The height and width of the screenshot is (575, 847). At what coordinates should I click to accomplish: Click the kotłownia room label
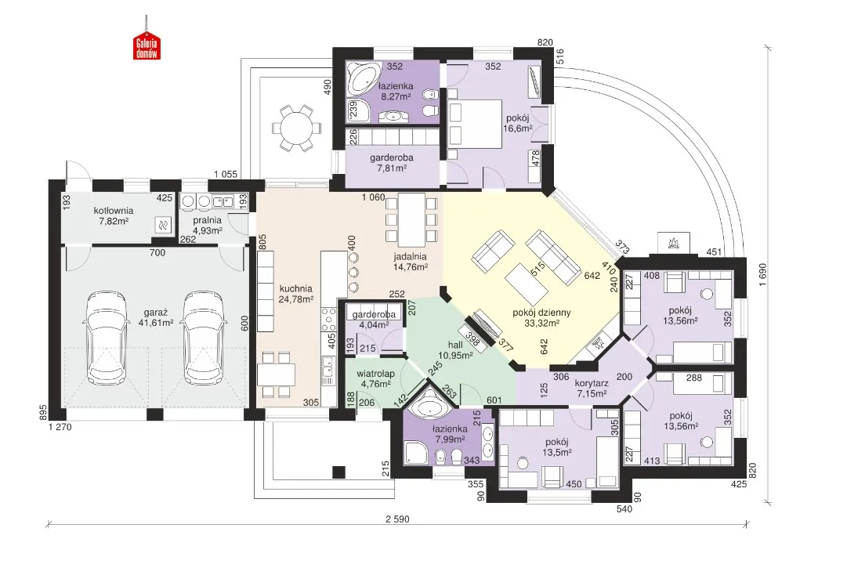[x=114, y=211]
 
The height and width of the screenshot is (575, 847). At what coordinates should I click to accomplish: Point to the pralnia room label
[x=208, y=220]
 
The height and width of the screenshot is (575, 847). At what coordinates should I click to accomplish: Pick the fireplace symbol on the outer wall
[x=674, y=243]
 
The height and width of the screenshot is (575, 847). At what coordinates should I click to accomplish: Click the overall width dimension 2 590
[x=397, y=519]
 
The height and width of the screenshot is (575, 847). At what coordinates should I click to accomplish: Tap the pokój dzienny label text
[x=541, y=313]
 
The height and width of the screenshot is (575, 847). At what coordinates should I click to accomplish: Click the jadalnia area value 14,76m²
[x=411, y=266]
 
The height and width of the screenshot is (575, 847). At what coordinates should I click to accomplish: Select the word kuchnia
[x=296, y=289]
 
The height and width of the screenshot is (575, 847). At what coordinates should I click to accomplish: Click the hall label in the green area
[x=455, y=345]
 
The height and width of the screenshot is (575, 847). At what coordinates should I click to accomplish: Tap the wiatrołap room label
[x=375, y=374]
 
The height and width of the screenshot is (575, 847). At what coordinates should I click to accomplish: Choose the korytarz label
[x=592, y=383]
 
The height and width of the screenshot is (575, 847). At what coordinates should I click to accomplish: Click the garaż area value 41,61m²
[x=156, y=323]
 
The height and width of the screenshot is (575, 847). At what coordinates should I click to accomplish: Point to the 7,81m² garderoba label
[x=392, y=162]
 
